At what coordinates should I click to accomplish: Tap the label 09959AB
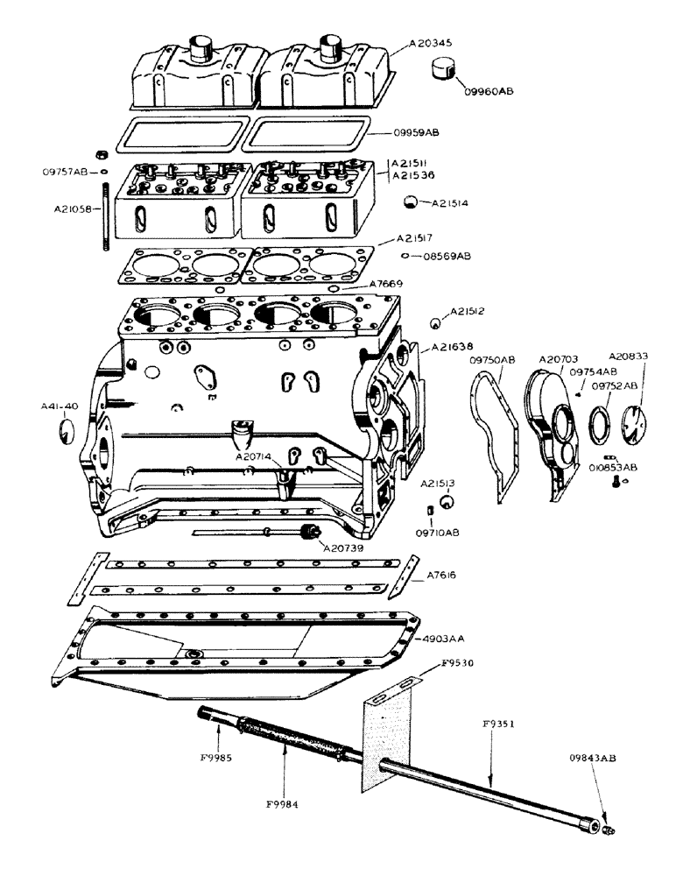(416, 133)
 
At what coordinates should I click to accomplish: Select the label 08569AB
(447, 256)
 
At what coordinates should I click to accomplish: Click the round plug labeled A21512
(435, 323)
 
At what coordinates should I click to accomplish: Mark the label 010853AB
(613, 469)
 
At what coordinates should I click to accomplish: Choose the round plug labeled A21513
(447, 501)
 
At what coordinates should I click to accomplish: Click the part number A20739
(345, 547)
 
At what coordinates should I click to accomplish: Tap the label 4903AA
(447, 639)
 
